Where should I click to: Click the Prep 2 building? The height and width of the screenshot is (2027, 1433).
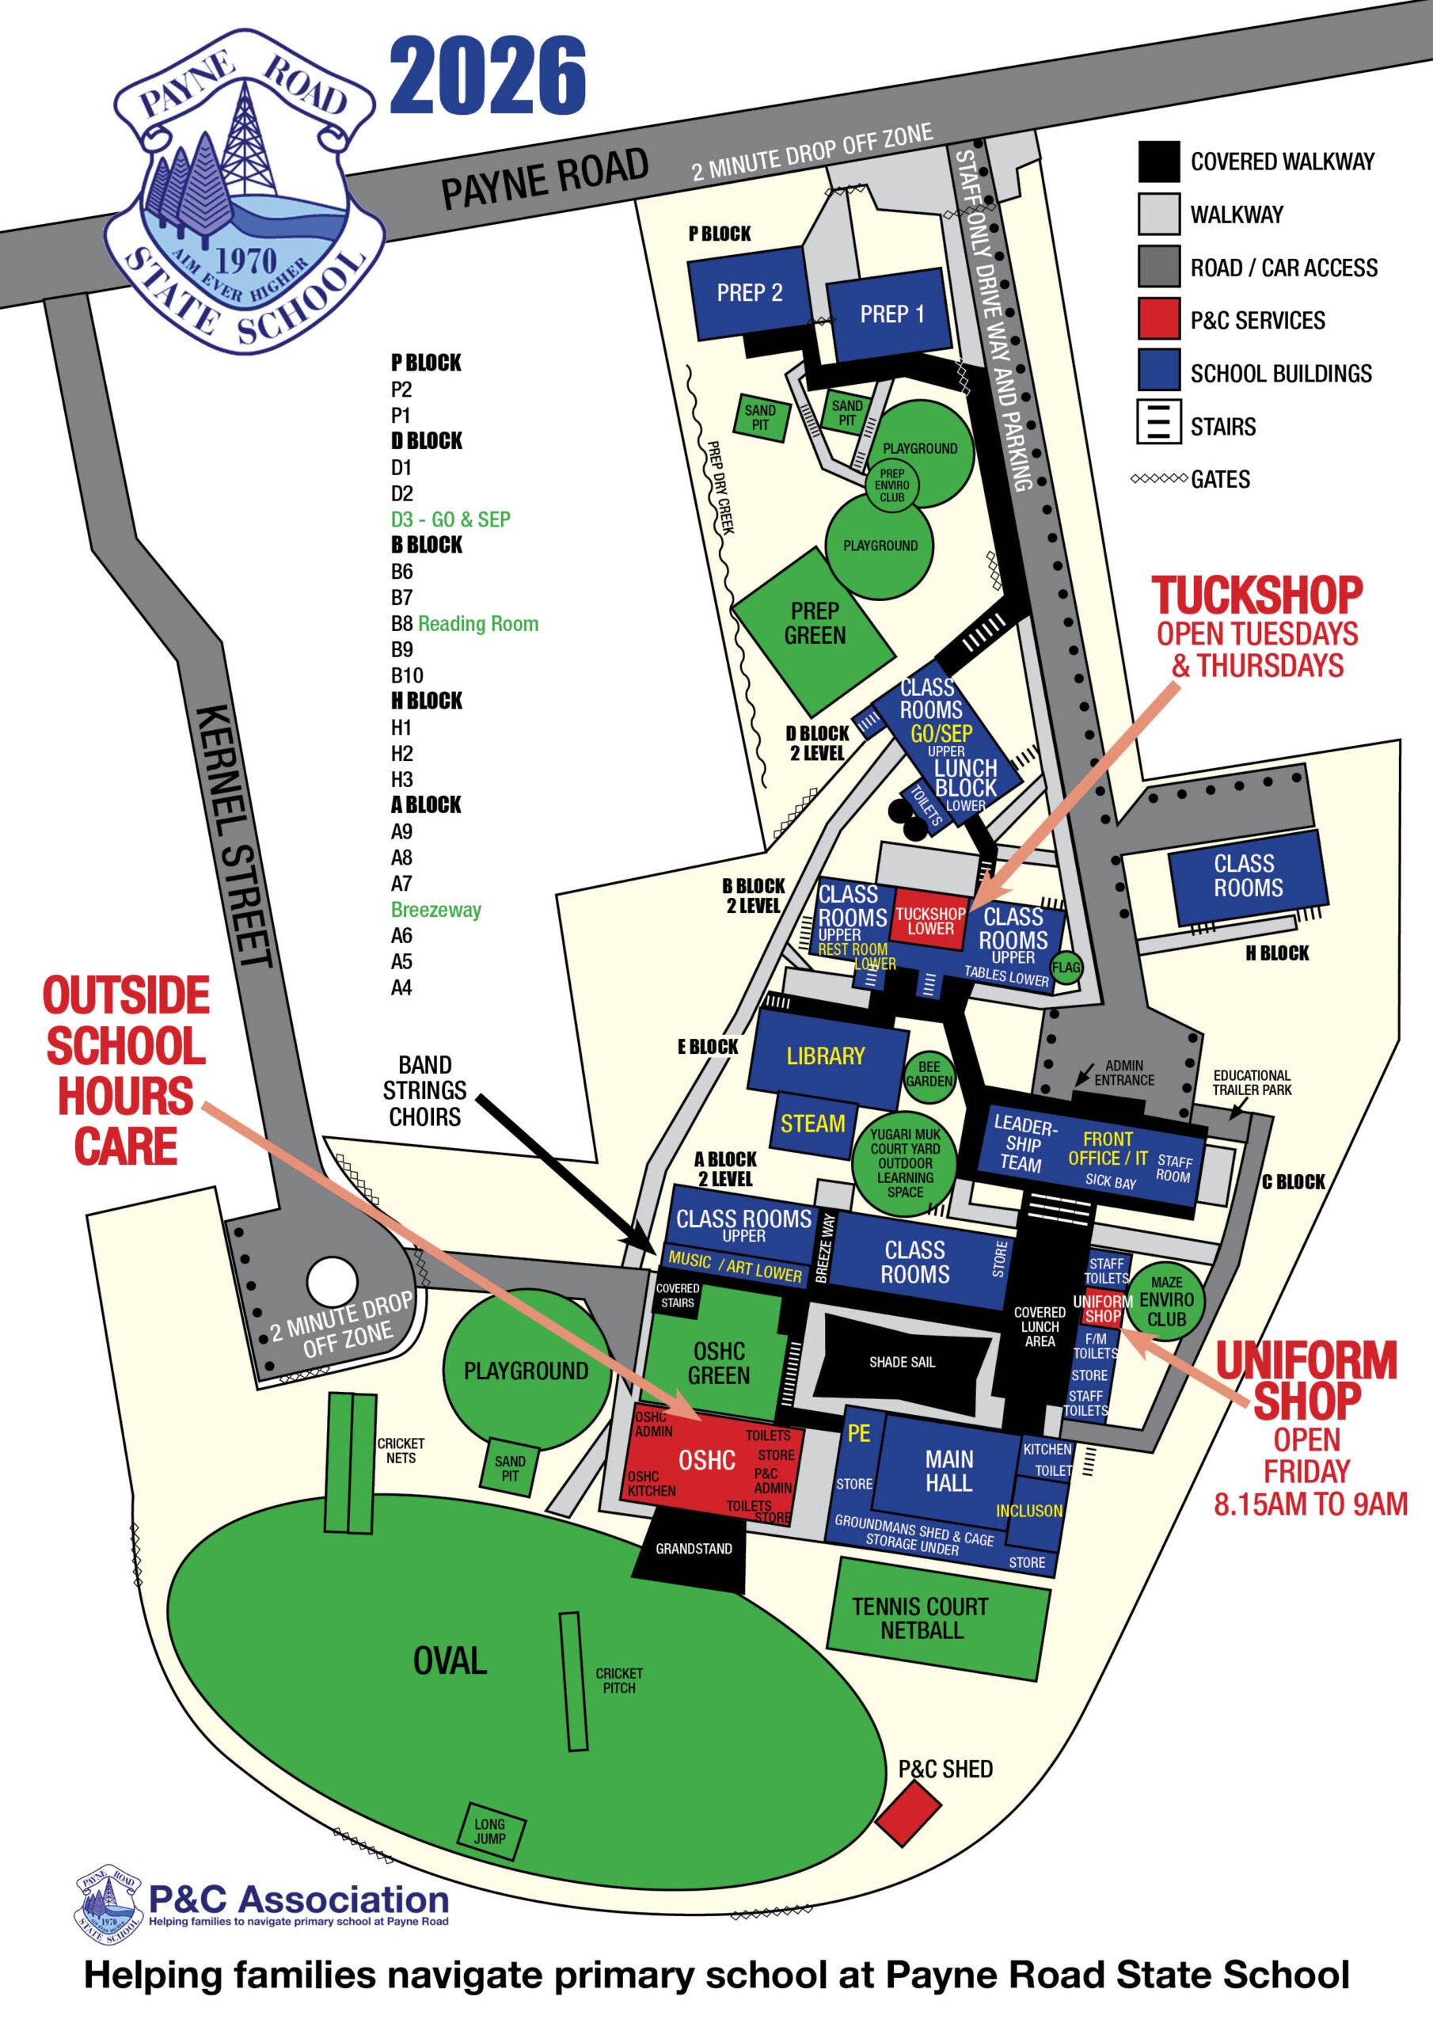748,292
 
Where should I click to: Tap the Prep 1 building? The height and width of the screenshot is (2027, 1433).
890,314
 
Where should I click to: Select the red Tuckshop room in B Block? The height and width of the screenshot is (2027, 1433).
929,920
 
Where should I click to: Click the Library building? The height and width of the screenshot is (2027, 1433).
825,1057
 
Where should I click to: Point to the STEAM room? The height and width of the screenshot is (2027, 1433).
812,1124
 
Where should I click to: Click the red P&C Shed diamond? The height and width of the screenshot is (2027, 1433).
907,1812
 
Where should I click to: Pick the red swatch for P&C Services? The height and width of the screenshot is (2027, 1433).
1157,319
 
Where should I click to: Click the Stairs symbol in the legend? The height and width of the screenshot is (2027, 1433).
1157,422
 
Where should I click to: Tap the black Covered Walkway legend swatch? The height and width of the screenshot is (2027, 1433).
1157,162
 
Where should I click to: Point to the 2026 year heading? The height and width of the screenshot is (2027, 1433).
488,76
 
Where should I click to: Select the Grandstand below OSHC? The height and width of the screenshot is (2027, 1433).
692,1549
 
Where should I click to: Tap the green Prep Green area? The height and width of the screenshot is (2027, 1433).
814,625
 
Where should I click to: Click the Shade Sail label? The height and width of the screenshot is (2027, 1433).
902,1362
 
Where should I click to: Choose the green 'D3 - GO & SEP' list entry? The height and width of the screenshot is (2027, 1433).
450,519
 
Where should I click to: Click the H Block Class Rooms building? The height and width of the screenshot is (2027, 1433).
1247,876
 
